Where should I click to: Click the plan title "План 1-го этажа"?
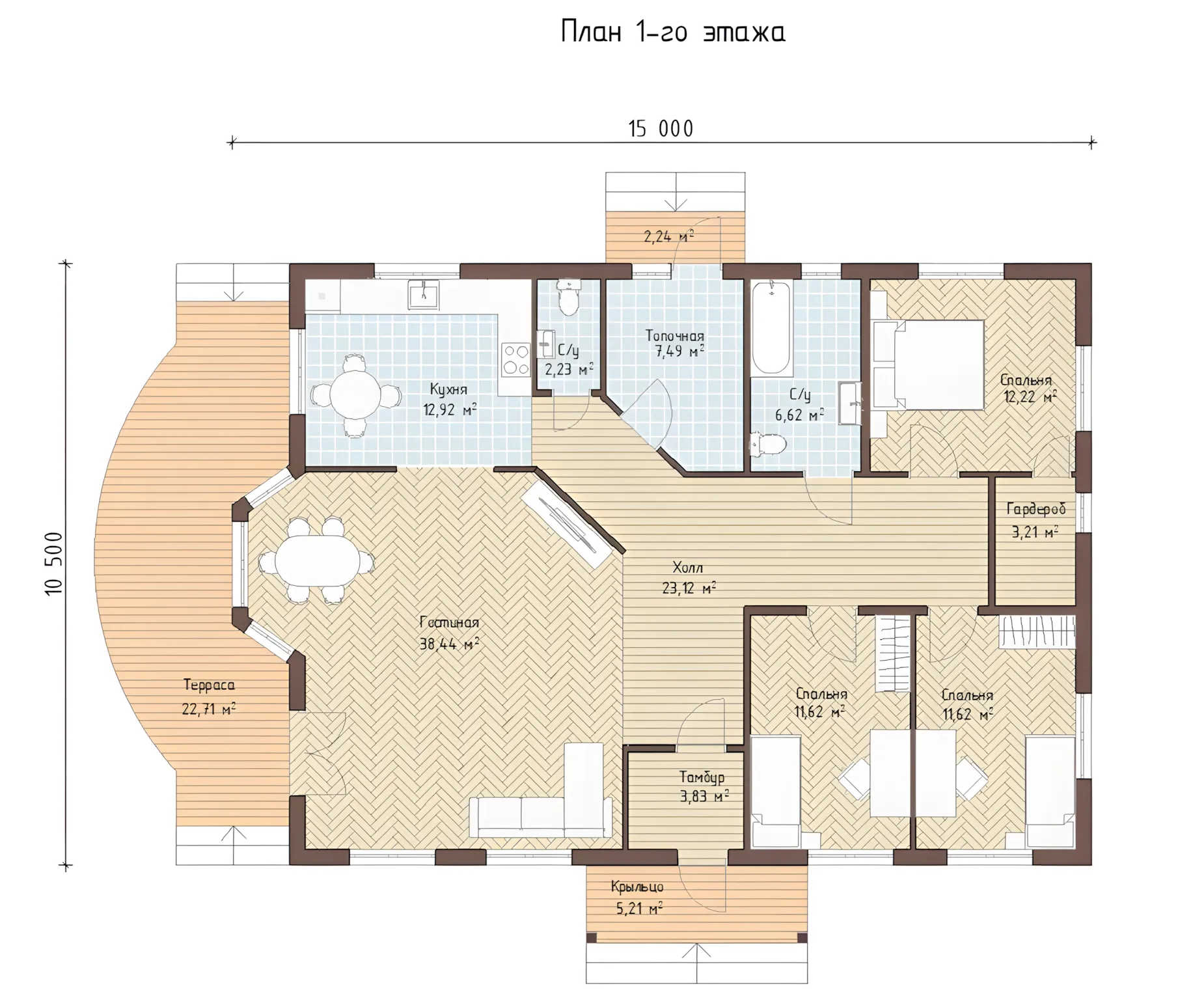click(673, 32)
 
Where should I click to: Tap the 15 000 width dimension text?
click(661, 129)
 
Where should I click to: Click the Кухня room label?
click(448, 389)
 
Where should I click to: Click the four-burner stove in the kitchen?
click(515, 359)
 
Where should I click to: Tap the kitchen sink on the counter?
click(423, 294)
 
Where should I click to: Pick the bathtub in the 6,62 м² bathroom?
click(771, 329)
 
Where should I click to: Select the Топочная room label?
click(674, 337)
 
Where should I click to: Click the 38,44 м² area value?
click(449, 644)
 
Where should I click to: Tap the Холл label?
click(688, 568)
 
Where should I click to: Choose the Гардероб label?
click(1035, 508)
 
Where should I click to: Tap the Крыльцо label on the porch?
click(637, 886)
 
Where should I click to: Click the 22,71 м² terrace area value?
click(208, 708)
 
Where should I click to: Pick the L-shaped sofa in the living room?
click(541, 791)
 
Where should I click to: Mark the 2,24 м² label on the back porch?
click(668, 236)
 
